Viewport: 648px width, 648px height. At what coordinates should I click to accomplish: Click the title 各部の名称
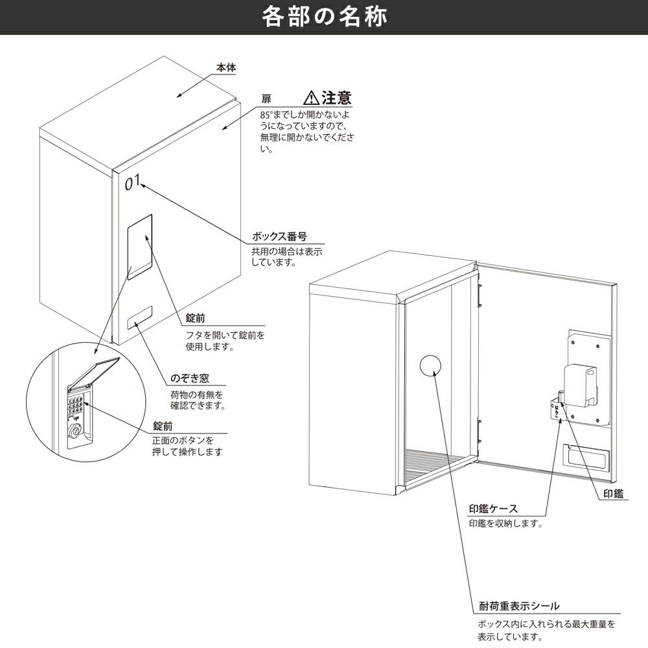tap(325, 17)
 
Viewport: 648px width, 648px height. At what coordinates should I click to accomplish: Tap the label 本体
tap(226, 68)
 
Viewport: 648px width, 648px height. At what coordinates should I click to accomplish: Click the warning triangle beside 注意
tap(311, 98)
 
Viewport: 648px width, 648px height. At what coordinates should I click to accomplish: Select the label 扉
tap(266, 99)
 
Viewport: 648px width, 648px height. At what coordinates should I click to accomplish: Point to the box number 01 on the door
tap(132, 182)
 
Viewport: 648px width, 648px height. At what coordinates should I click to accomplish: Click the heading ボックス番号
tap(279, 237)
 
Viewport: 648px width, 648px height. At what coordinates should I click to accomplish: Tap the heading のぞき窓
tap(190, 378)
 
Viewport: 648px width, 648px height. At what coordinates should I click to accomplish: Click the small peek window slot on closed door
tap(140, 318)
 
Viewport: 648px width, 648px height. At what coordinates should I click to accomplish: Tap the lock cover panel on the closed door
tap(140, 247)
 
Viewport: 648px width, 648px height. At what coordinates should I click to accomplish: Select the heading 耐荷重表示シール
tap(519, 606)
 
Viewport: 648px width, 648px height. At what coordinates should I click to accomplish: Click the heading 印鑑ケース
tap(493, 509)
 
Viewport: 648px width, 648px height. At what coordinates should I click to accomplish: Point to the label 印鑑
tap(613, 493)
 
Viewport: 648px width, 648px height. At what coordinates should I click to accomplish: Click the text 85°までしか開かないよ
tap(305, 115)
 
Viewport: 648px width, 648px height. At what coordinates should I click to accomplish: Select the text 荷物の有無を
tap(197, 395)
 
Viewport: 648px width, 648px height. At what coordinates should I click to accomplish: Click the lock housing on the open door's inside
tap(581, 385)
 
